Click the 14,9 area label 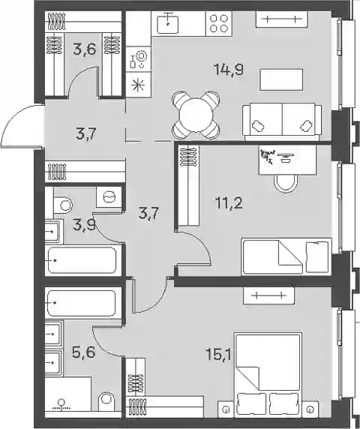[229, 70]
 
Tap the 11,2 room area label [229, 203]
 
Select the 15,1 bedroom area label [218, 355]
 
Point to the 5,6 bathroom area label [84, 352]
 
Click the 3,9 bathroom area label [84, 225]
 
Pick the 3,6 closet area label [84, 49]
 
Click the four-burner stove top [219, 23]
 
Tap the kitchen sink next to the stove [168, 23]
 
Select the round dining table [196, 115]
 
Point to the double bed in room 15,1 [268, 374]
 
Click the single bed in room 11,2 [286, 256]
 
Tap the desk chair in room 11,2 [286, 184]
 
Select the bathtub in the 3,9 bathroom [82, 260]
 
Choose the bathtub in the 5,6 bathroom [82, 304]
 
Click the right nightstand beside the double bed [310, 409]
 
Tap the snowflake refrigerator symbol [138, 85]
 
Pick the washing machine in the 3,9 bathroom [109, 196]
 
